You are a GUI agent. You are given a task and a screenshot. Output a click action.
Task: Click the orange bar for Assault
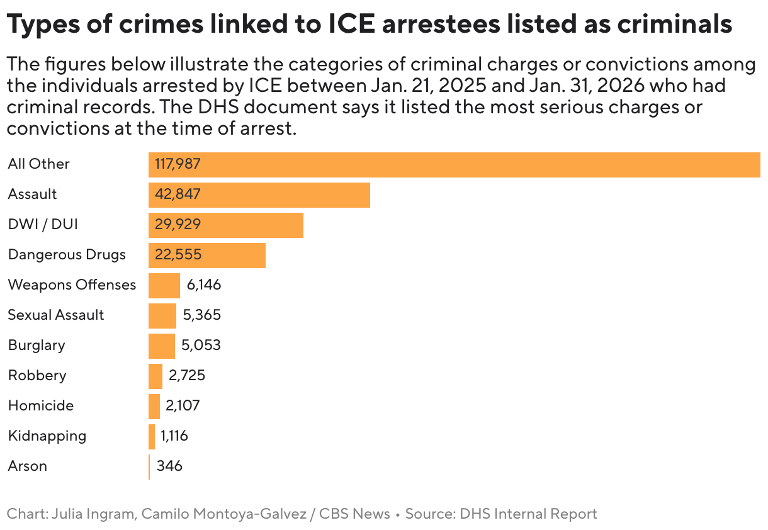pos(259,195)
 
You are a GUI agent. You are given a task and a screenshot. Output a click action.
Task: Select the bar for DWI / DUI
pos(225,225)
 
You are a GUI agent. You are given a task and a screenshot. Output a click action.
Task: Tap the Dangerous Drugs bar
pos(206,255)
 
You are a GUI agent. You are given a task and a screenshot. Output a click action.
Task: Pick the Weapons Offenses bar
pos(164,285)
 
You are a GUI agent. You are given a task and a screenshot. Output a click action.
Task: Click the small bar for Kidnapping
pos(152,436)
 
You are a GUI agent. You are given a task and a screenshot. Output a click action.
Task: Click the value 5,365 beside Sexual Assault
pos(201,315)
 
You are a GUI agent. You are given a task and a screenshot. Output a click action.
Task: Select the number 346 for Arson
pos(169,466)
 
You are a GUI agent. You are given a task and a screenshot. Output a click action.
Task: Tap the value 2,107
pos(183,406)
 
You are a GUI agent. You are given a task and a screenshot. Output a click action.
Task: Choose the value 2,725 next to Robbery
pos(186,376)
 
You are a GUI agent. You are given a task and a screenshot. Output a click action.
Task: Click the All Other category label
pos(38,164)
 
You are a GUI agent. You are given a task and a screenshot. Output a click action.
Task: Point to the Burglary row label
pos(37,346)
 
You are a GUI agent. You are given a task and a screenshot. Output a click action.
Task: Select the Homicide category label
pos(40,406)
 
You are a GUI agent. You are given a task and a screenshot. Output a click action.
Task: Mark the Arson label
pos(27,466)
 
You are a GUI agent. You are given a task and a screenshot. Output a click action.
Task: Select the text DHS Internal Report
pos(528,514)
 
